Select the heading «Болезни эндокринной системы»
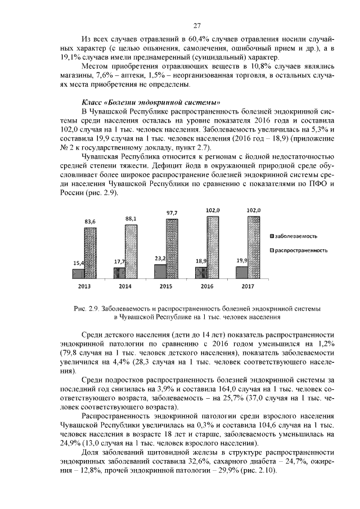tap(151, 102)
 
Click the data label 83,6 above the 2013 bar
tap(90, 222)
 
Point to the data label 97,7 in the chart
tap(172, 213)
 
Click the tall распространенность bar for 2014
tap(131, 251)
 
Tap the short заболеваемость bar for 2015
tap(160, 271)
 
